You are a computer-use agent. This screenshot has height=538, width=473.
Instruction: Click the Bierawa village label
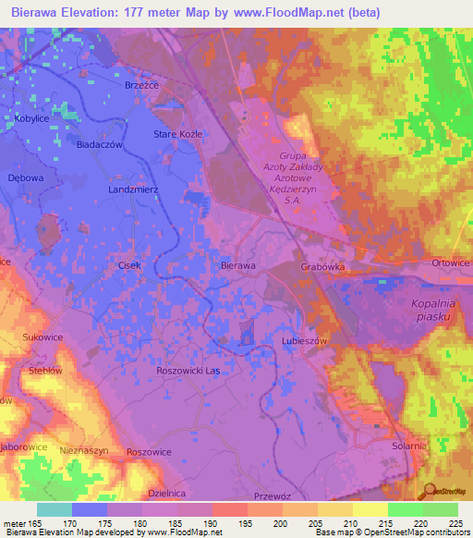(238, 265)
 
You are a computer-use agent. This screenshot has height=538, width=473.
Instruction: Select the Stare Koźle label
(177, 134)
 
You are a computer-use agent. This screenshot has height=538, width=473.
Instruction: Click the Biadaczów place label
(100, 144)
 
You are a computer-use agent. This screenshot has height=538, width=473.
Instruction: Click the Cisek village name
(129, 265)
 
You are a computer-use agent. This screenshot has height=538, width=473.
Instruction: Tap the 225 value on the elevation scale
(458, 523)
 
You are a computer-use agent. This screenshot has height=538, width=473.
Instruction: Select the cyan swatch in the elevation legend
(54, 509)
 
